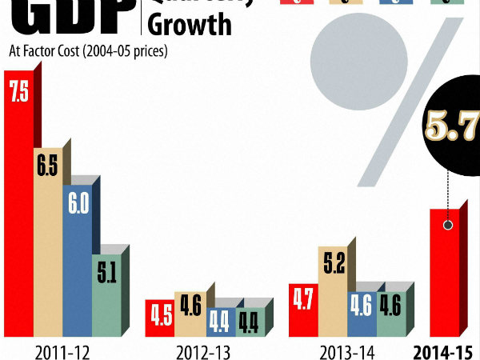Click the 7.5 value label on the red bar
[x=18, y=93]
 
